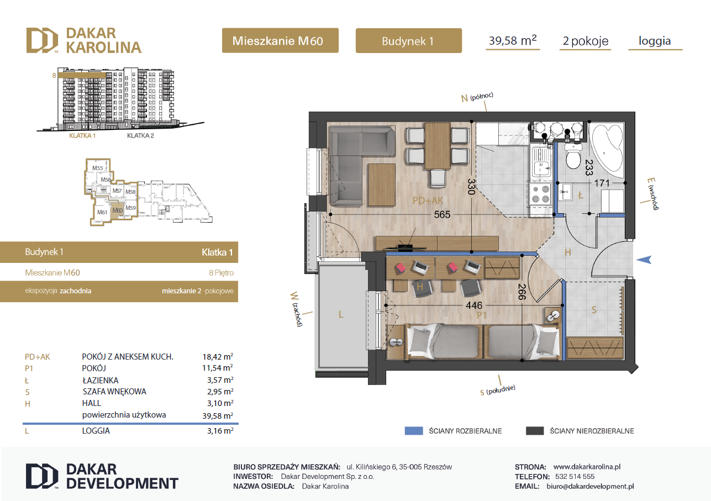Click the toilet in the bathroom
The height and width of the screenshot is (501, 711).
click(573, 155)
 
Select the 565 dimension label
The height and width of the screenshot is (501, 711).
click(442, 214)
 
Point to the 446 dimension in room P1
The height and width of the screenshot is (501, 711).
click(474, 305)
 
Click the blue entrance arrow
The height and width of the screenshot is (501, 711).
click(644, 260)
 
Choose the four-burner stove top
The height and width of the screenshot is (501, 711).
click(540, 194)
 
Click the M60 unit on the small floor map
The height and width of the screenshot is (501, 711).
click(117, 210)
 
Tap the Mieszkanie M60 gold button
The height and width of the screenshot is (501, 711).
click(280, 40)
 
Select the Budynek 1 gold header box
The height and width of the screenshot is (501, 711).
click(408, 40)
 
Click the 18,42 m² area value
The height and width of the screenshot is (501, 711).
click(218, 357)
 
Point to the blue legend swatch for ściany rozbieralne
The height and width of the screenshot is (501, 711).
click(414, 430)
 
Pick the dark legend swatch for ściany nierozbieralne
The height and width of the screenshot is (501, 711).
click(535, 430)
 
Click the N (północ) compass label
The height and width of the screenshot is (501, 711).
click(477, 97)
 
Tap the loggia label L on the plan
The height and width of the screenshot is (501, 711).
click(340, 314)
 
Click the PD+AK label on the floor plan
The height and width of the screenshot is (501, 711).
click(428, 201)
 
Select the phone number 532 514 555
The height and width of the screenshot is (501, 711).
click(575, 476)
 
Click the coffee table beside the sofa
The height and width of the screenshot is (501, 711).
click(382, 184)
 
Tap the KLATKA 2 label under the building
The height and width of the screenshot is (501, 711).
click(140, 135)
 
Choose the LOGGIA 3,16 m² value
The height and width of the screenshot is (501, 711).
click(220, 430)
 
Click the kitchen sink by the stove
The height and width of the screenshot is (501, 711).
click(541, 162)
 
